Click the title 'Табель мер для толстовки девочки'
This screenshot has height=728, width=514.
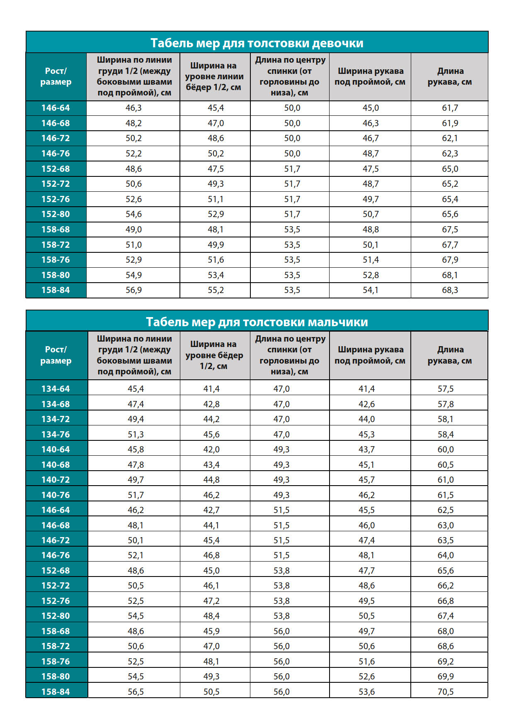257,43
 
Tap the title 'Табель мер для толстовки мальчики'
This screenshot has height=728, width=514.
257,322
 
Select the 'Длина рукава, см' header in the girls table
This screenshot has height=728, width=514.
450,77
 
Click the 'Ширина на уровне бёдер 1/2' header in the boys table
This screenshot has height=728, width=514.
214,355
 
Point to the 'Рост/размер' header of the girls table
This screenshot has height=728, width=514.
56,77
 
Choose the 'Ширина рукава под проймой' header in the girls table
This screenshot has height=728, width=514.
370,77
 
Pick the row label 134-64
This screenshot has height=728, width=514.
56,389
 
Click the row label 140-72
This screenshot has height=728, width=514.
56,480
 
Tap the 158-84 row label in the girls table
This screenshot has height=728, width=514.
56,290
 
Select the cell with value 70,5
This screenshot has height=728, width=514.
446,692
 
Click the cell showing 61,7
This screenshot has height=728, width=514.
450,108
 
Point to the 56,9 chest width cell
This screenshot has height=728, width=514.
133,290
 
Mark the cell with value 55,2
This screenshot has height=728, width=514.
216,290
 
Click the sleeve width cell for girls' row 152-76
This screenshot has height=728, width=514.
371,199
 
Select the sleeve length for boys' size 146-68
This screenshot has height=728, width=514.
446,525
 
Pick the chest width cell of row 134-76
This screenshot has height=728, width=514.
136,435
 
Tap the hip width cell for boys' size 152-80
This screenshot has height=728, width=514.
211,616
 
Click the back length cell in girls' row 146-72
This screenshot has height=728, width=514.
292,138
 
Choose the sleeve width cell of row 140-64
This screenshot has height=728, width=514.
366,450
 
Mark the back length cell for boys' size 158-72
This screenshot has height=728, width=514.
281,646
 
